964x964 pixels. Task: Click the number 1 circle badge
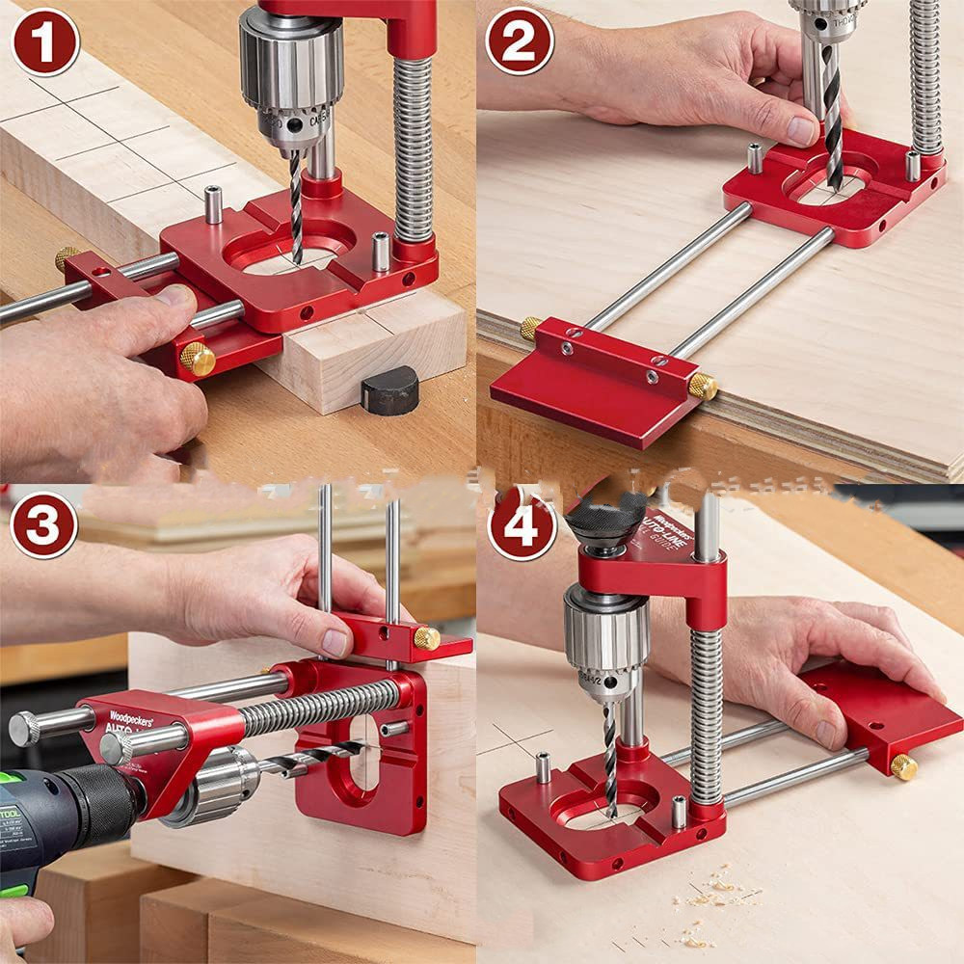[x=44, y=41]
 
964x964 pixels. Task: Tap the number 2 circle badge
[x=519, y=41]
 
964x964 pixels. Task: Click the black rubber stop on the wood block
[x=389, y=389]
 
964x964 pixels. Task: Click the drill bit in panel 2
[x=832, y=125]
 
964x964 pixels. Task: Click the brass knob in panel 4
[x=903, y=766]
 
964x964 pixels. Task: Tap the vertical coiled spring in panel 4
[x=706, y=713]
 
